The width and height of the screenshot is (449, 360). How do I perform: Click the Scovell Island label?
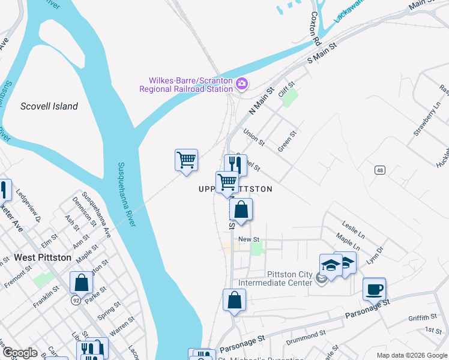click(49, 106)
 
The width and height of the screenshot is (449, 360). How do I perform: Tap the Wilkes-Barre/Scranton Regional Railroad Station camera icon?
click(242, 83)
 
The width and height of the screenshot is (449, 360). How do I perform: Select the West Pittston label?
click(43, 257)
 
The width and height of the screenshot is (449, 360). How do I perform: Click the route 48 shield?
click(379, 170)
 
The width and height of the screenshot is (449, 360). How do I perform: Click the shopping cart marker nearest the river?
click(187, 160)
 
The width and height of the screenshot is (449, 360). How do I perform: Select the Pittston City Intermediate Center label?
click(276, 278)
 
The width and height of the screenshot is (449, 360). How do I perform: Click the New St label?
click(248, 239)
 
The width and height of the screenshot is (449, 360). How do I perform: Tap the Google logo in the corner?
click(20, 353)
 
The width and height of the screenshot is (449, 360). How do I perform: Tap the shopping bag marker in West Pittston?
click(81, 282)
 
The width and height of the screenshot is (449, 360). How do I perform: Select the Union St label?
click(253, 137)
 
